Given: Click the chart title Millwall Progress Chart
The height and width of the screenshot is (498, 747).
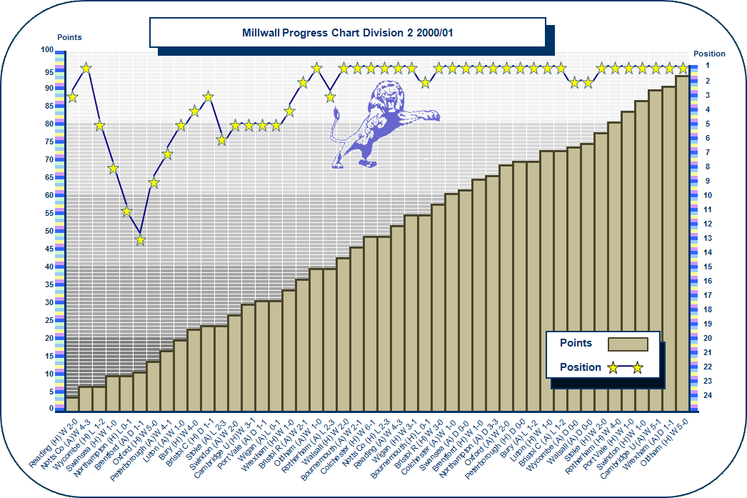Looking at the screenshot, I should pos(347,33).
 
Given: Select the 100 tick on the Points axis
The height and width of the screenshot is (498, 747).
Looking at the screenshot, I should pos(47,50).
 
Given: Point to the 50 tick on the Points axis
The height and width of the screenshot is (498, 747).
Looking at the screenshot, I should pos(47,231).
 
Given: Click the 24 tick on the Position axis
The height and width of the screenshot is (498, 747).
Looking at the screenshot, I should pos(707,395).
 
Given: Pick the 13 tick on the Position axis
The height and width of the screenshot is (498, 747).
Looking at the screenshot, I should pos(707,238).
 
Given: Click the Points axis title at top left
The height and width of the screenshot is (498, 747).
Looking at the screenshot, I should pos(69,37).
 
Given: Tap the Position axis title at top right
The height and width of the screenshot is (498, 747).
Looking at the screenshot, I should pos(709,54).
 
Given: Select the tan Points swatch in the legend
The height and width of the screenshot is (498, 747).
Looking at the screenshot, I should pos(627,344).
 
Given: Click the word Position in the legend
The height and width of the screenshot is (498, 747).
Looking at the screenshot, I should pos(580,367).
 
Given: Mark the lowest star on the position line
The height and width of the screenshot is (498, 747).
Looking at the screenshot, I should pos(141,239).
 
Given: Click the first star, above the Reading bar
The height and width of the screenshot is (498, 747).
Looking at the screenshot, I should pos(72,96).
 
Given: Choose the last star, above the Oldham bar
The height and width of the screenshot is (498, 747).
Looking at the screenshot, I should pos(683,68).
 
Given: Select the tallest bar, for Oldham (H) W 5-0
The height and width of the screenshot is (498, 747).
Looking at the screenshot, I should pos(683,243).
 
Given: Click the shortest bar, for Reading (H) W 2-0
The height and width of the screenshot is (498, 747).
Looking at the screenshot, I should pos(72,404).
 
